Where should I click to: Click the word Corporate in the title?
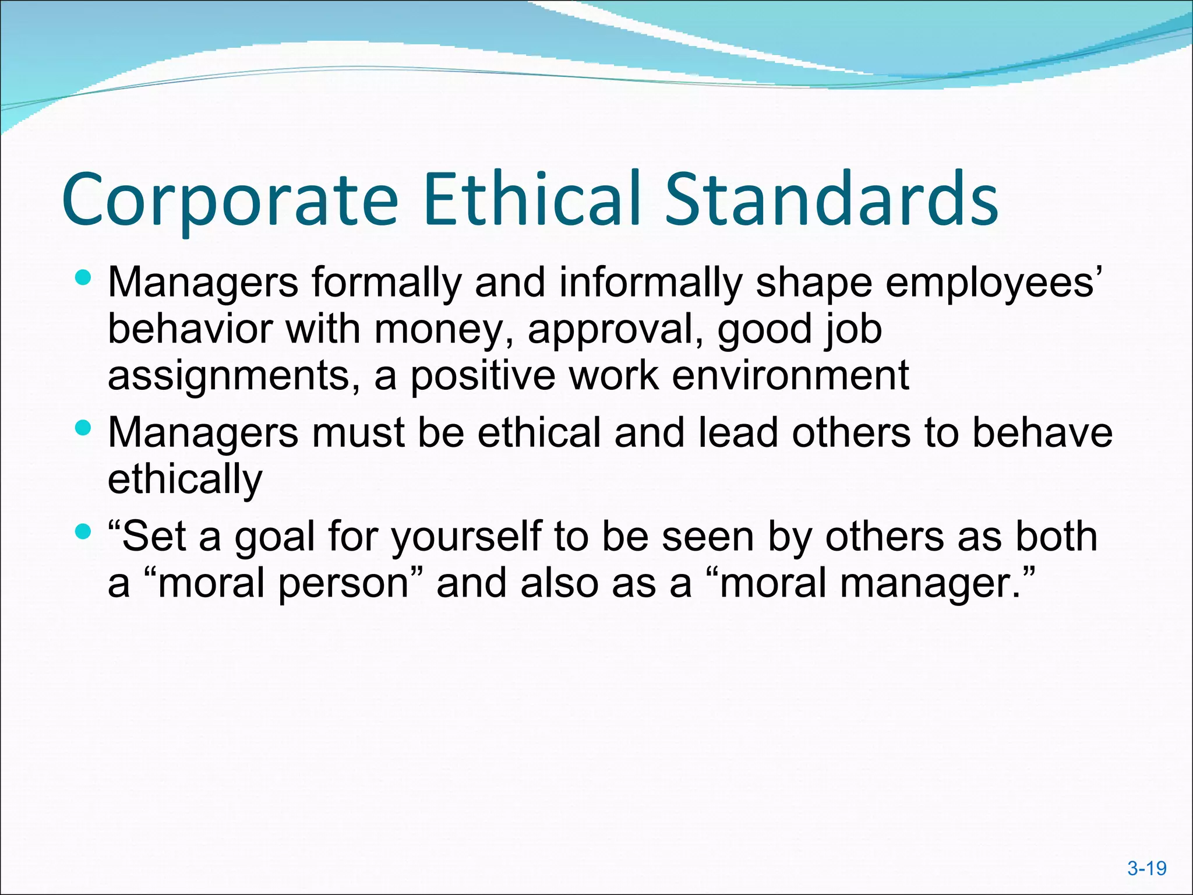pyautogui.click(x=230, y=199)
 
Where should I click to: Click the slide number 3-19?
pyautogui.click(x=1146, y=868)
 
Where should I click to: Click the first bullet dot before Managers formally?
pyautogui.click(x=83, y=278)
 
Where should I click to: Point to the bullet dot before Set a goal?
pyautogui.click(x=83, y=531)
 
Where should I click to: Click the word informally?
pyautogui.click(x=651, y=283)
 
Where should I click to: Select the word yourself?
pyautogui.click(x=466, y=537)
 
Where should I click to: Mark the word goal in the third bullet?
pyautogui.click(x=274, y=537)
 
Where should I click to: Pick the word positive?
pyautogui.click(x=483, y=376)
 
